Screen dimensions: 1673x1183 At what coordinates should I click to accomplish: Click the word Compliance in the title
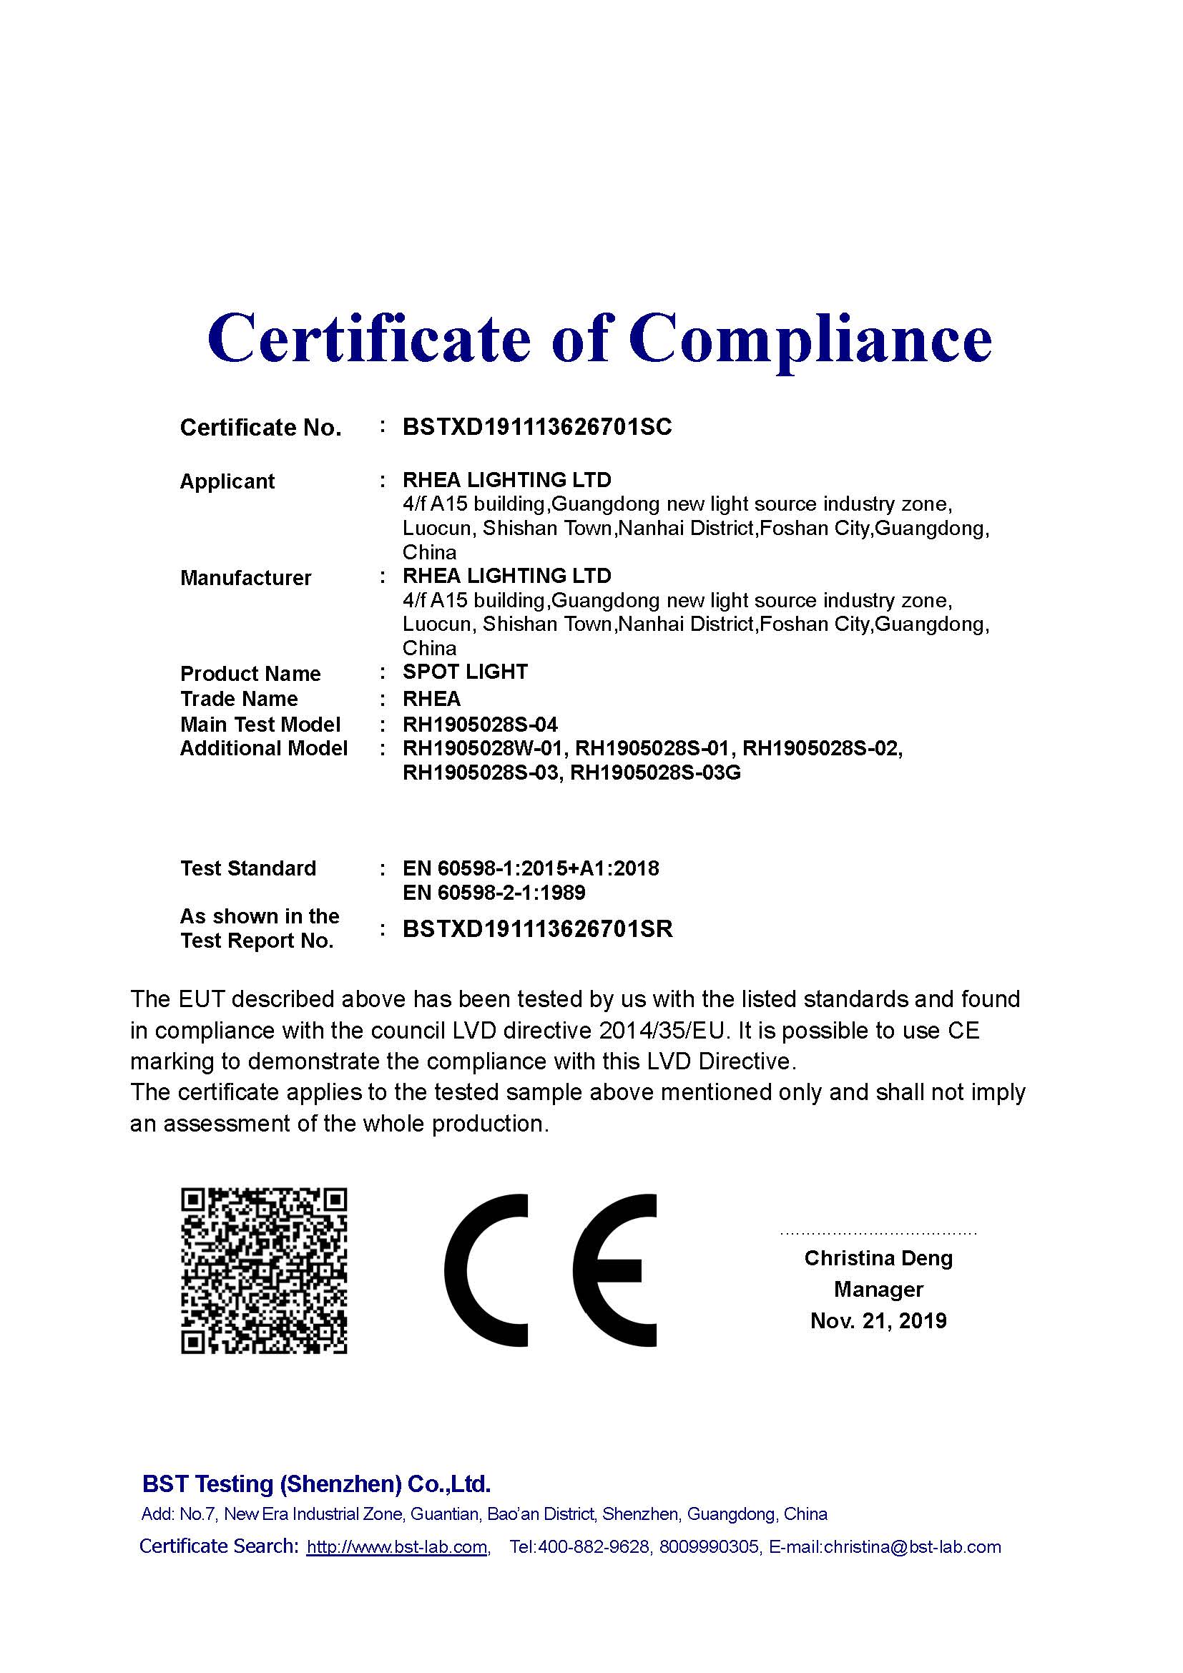[x=810, y=338]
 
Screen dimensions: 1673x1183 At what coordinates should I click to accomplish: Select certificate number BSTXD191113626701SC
[x=537, y=427]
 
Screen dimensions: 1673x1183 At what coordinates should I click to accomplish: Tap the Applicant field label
[x=227, y=481]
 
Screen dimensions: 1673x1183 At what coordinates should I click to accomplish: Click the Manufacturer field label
[x=245, y=578]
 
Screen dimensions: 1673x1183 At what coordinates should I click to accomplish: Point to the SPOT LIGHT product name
[x=465, y=672]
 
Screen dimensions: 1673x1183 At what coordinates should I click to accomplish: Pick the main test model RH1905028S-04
[x=480, y=725]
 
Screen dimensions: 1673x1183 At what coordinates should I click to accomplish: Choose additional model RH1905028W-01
[x=483, y=748]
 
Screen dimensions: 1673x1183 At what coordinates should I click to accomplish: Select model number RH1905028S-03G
[x=655, y=772]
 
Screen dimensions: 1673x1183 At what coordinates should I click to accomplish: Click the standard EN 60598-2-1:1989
[x=494, y=893]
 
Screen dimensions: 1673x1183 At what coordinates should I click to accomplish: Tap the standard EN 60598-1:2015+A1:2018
[x=530, y=868]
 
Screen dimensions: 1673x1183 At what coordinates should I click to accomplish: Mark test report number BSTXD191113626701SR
[x=538, y=929]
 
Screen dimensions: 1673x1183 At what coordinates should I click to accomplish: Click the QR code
[x=264, y=1272]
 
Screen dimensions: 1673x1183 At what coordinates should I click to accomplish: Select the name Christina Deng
[x=878, y=1258]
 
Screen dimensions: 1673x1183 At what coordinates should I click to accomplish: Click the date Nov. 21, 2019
[x=878, y=1320]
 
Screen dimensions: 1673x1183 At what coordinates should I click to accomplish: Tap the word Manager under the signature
[x=878, y=1289]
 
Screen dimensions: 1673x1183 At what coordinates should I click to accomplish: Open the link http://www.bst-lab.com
[x=397, y=1547]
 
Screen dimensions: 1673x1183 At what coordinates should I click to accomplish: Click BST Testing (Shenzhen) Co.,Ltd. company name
[x=316, y=1483]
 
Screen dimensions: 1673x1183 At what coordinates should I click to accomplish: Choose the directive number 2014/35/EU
[x=666, y=1031]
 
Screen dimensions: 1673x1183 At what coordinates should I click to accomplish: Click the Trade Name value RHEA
[x=431, y=699]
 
